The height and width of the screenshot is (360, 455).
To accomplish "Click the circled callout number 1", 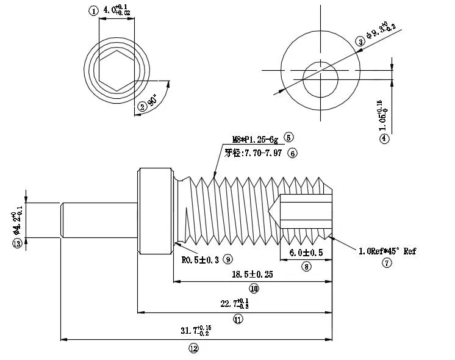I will click(x=93, y=11).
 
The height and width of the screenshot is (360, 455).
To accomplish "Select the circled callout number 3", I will click(x=360, y=41).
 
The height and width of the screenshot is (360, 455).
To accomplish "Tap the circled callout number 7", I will click(x=386, y=263).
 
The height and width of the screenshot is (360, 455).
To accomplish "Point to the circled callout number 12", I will click(x=193, y=349).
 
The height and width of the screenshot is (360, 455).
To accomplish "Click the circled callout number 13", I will click(x=17, y=243).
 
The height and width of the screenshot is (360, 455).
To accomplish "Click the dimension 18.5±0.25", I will click(x=253, y=275).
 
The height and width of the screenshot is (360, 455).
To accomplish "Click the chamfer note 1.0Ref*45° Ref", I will click(x=387, y=251).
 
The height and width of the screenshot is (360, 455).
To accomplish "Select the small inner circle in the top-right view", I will click(x=321, y=78).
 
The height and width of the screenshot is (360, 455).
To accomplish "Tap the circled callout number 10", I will click(x=253, y=288).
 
